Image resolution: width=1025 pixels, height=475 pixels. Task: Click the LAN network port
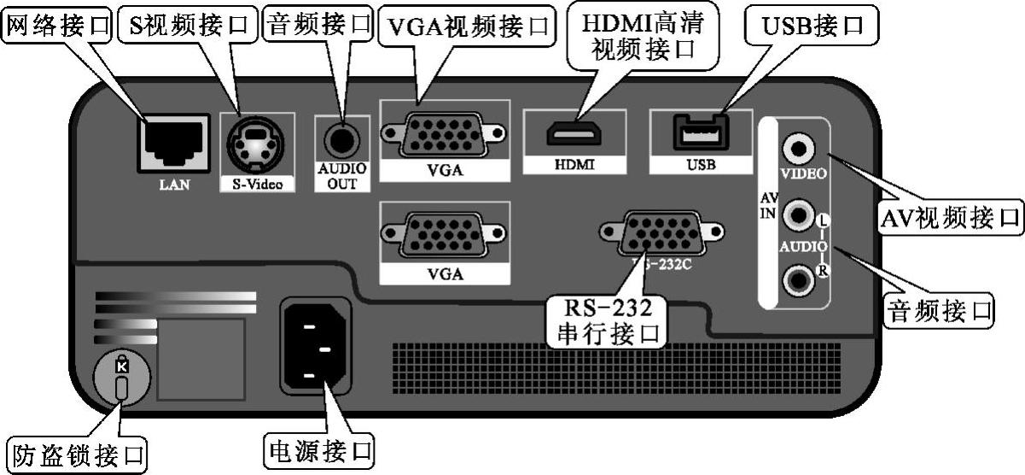[173, 142]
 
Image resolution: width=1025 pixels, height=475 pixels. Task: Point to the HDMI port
[574, 134]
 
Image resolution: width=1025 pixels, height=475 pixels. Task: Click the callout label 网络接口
[59, 26]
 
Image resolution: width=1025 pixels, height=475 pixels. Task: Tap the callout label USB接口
[811, 26]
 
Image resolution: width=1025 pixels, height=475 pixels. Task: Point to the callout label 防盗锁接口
[76, 453]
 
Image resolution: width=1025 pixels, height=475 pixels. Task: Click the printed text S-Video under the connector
[257, 183]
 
